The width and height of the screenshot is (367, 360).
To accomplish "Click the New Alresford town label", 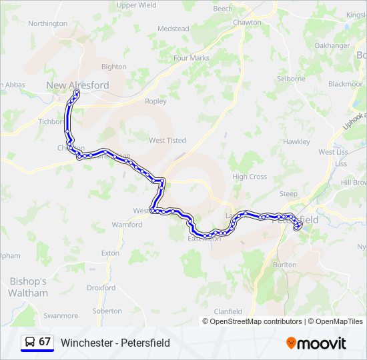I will pyautogui.click(x=78, y=85).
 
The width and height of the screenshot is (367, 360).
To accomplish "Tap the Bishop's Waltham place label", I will pyautogui.click(x=28, y=287).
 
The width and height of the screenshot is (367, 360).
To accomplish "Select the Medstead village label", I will pyautogui.click(x=173, y=29).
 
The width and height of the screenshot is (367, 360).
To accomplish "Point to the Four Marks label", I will pyautogui.click(x=192, y=58).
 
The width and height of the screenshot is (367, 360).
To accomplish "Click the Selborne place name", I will pyautogui.click(x=291, y=79).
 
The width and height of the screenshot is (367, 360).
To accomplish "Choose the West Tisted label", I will pyautogui.click(x=167, y=141).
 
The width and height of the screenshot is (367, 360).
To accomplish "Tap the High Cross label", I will pyautogui.click(x=250, y=177).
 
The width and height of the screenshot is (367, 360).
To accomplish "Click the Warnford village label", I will pyautogui.click(x=127, y=225).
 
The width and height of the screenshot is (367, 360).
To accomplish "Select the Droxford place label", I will pyautogui.click(x=101, y=288).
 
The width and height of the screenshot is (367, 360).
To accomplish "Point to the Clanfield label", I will pyautogui.click(x=228, y=311).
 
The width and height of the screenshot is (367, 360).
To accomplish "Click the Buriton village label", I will pyautogui.click(x=285, y=265).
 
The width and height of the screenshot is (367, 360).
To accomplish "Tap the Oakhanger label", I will pyautogui.click(x=332, y=45).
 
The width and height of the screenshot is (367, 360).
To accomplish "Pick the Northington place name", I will pyautogui.click(x=48, y=23).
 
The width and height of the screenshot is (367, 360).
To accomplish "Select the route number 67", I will pyautogui.click(x=45, y=342).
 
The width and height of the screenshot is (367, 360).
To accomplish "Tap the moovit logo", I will pyautogui.click(x=316, y=343).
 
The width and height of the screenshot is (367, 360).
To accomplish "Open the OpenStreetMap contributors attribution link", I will pyautogui.click(x=256, y=321).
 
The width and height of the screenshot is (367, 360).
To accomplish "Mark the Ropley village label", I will pyautogui.click(x=155, y=101).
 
